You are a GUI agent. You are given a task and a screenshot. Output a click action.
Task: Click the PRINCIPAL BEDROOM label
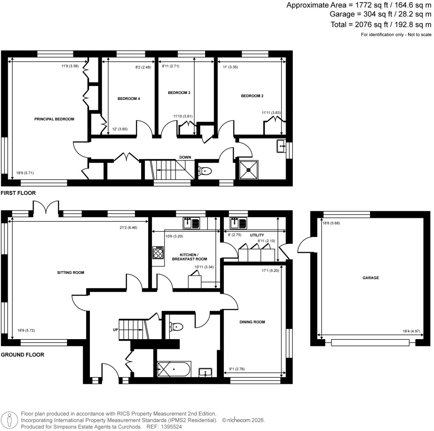(x=54, y=119)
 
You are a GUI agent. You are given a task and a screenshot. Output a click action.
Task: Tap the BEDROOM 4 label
(x=129, y=99)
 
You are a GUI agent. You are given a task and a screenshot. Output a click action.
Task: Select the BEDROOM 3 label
(x=179, y=93)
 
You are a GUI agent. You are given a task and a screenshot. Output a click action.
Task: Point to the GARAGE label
(x=370, y=278)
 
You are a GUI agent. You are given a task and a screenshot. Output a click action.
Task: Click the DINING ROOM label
(x=252, y=322)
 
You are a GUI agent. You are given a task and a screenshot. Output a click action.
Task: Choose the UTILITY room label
(x=257, y=235)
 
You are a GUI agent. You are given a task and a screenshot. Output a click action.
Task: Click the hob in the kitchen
(x=158, y=253)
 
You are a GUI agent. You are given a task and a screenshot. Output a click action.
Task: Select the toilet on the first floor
(x=205, y=171)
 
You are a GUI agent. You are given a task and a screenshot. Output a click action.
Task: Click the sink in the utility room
(x=236, y=223)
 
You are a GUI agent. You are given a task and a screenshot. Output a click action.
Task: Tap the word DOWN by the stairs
(x=185, y=157)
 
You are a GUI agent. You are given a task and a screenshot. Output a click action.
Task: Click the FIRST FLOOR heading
(x=18, y=193)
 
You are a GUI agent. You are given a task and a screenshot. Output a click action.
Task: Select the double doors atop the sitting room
(x=45, y=207)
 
